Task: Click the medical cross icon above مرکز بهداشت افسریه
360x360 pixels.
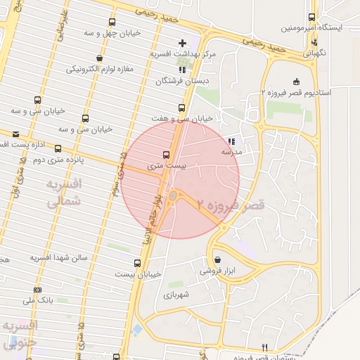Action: [x=183, y=43]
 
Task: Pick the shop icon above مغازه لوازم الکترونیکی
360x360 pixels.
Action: [x=99, y=58]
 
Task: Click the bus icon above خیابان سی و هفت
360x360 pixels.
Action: [x=181, y=108]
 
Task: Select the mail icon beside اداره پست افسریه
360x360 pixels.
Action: [x=15, y=132]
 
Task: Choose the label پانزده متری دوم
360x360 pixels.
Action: [x=58, y=160]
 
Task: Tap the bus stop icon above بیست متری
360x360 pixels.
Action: [x=167, y=155]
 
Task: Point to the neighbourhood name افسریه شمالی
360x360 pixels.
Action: [x=63, y=192]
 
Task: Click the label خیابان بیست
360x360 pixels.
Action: [x=139, y=274]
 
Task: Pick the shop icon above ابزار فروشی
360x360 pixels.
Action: [x=217, y=259]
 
